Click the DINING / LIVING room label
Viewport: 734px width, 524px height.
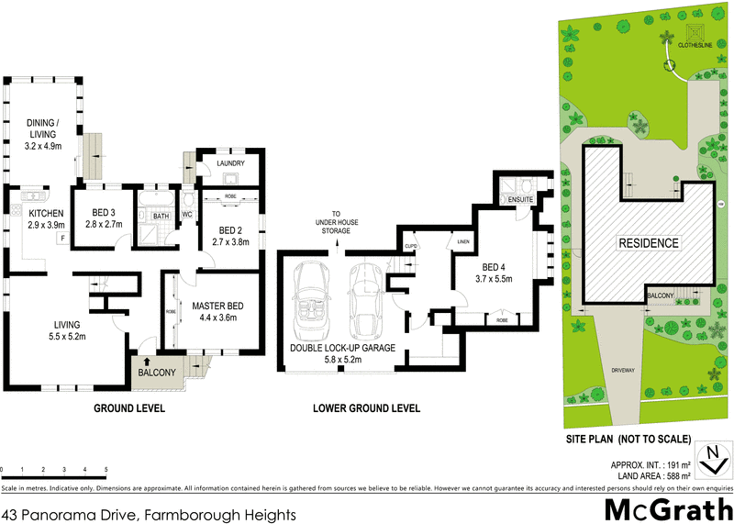43,128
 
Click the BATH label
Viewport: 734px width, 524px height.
161,217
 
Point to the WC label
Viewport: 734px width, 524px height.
186,216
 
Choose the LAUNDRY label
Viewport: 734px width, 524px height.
228,163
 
